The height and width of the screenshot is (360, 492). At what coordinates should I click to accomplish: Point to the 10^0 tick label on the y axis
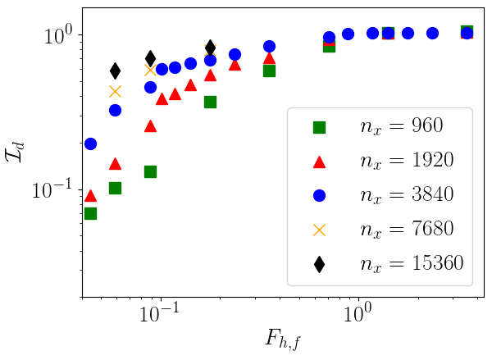click(59, 36)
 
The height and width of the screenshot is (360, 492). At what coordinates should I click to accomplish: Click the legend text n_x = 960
click(401, 126)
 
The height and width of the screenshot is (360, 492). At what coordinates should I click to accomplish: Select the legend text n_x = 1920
click(408, 161)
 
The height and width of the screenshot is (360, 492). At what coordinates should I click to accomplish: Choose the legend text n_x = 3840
click(408, 195)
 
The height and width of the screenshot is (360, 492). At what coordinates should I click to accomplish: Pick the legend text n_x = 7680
click(408, 229)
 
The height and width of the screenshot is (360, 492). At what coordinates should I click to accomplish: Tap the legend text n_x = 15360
click(412, 263)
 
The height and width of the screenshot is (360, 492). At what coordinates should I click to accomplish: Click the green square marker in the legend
click(319, 127)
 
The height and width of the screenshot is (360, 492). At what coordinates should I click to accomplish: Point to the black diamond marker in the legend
click(319, 263)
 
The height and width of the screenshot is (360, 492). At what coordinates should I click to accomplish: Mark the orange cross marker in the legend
click(319, 230)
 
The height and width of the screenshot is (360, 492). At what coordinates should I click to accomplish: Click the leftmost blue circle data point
click(90, 144)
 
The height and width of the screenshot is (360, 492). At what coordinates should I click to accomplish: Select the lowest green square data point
click(90, 213)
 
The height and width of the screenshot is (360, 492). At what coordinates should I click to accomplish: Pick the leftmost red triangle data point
click(90, 195)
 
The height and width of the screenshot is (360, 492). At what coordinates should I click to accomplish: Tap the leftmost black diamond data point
click(115, 71)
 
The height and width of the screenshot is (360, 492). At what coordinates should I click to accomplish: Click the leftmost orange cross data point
click(115, 91)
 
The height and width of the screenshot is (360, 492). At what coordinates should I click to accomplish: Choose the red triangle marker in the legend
click(319, 161)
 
